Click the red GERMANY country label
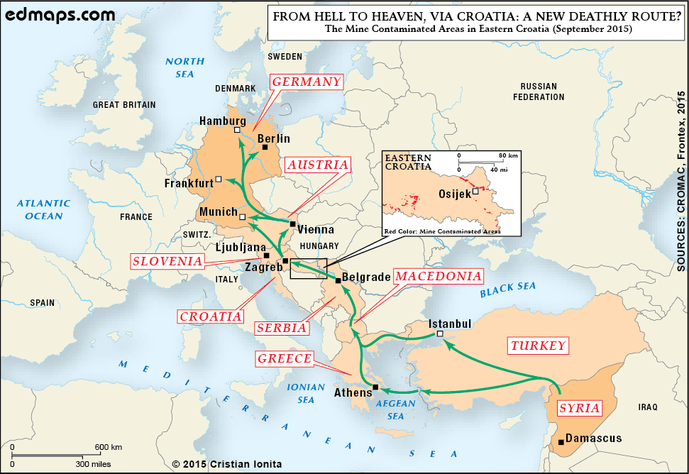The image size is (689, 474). (307, 82)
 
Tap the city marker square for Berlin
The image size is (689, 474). (265, 148)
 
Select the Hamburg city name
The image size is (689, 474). (222, 121)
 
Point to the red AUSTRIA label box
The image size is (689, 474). (319, 165)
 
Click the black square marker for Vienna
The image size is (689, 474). (292, 224)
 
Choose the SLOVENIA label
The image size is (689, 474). (167, 261)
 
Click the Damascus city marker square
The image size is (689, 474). (561, 442)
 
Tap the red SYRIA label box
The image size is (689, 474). (580, 408)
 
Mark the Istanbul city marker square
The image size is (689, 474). (440, 334)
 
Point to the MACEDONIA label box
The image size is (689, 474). (439, 276)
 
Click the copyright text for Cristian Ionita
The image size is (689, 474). (227, 464)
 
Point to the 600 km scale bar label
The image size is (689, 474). (109, 447)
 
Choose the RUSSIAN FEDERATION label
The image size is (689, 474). (539, 92)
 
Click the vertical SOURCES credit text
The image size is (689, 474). (680, 181)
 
